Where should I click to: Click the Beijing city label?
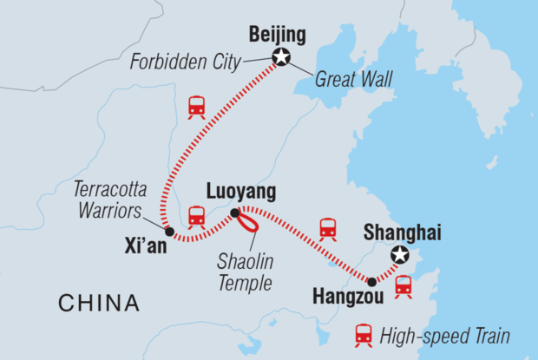coord(278,36)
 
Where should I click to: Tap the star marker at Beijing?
coord(281,59)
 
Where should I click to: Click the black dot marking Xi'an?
coord(169,232)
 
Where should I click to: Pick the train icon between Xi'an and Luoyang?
coord(197,215)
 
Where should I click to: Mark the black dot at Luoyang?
coord(234,213)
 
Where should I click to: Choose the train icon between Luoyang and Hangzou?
coord(328,228)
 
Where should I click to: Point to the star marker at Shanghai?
coord(399,255)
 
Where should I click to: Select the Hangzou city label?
coord(338,296)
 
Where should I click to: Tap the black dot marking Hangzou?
coord(372,282)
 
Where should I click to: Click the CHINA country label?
coord(98,303)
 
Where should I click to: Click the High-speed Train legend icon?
coord(363,335)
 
